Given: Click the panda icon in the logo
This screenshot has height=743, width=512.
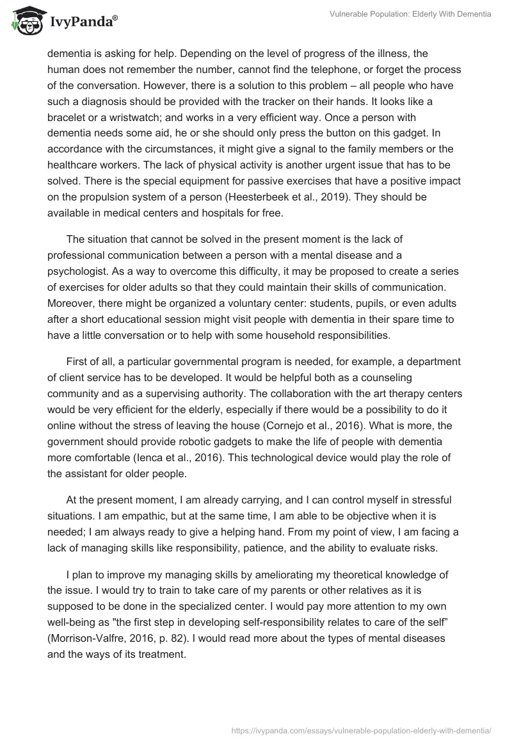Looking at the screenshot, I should pyautogui.click(x=24, y=20).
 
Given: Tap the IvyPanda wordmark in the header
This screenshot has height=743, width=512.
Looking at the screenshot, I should pyautogui.click(x=83, y=22).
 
